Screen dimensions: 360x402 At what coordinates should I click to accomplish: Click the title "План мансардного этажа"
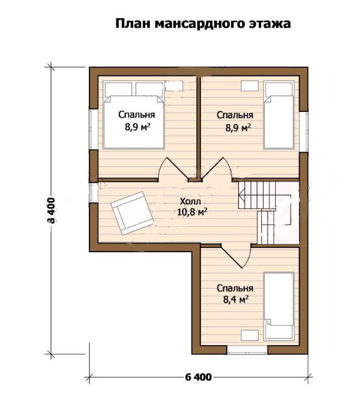203,24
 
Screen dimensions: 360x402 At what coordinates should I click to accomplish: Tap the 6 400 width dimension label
198,377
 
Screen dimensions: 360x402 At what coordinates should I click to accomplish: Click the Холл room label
190,202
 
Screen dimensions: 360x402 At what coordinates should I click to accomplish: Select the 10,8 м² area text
192,212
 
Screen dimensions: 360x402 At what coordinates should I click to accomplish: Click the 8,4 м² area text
236,299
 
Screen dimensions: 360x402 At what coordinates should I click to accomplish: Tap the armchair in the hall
132,213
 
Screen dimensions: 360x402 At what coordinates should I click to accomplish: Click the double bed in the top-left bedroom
134,115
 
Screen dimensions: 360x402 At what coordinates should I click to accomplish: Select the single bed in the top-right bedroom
278,115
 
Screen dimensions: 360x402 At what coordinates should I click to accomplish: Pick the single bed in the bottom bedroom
278,306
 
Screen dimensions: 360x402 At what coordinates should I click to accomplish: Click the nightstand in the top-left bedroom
174,86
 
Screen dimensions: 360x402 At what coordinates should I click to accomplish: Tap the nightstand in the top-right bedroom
250,86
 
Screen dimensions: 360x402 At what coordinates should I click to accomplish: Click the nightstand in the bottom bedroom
250,335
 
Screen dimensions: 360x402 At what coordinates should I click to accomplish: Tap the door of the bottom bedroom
236,256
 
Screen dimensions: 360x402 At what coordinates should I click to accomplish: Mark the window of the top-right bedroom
304,132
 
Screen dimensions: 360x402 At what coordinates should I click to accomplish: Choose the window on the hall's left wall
94,192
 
